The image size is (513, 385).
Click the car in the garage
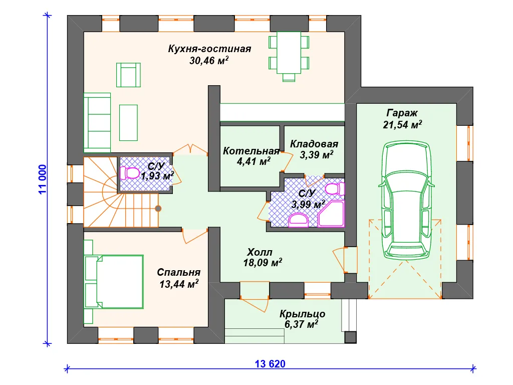click(406, 201)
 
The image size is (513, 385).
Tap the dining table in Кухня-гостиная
click(289, 52)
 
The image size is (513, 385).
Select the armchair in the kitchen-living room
click(128, 75)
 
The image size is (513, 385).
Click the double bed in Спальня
click(114, 282)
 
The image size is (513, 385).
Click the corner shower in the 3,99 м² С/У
click(331, 214)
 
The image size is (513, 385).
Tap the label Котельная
click(251, 151)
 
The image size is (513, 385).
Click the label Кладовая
click(314, 144)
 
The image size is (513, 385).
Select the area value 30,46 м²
click(209, 60)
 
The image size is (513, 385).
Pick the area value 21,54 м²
click(402, 124)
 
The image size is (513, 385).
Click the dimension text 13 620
click(270, 364)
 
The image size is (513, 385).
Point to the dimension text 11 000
click(43, 179)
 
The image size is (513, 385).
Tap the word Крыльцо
click(302, 314)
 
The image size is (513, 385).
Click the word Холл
click(260, 252)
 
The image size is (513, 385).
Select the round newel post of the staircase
click(158, 209)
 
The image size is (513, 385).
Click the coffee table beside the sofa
click(128, 123)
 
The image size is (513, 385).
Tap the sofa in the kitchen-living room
click(97, 123)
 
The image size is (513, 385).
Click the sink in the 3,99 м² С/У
click(299, 220)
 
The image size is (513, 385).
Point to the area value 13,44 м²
click(179, 284)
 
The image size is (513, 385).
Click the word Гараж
click(402, 113)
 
